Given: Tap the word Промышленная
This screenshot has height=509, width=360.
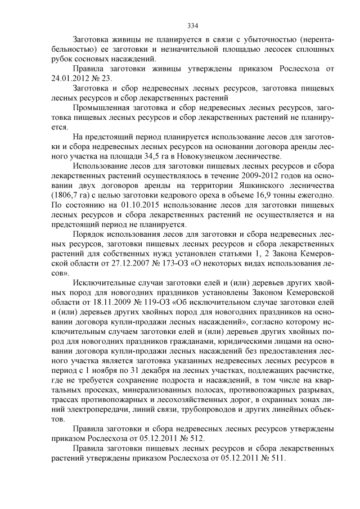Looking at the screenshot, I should pos(105,107).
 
